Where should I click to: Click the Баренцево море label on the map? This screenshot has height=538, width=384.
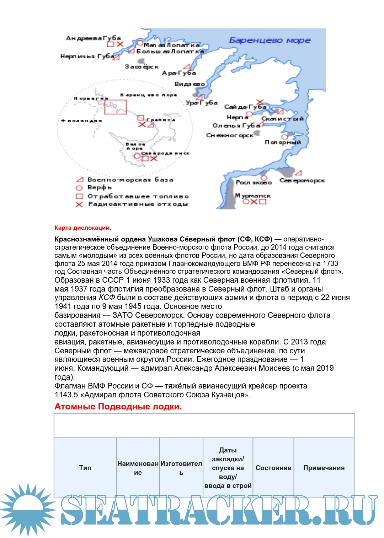point(270,40)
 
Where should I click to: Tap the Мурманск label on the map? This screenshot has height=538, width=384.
point(253,196)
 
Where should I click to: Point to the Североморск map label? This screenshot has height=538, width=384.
point(302,180)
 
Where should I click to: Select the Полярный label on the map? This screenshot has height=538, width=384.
point(283,142)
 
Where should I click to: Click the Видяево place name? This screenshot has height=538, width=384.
point(189,84)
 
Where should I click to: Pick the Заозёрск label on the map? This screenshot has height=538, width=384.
point(142,66)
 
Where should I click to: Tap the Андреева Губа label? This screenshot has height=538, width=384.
point(94,38)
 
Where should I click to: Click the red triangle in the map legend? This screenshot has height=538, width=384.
point(80,180)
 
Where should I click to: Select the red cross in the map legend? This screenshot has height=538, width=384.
point(79,204)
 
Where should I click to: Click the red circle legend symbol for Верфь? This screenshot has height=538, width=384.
point(79,188)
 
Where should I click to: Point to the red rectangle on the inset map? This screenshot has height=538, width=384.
point(115,107)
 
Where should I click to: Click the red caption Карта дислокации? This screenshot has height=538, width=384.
point(82,228)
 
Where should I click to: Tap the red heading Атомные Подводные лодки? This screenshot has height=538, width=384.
point(118,407)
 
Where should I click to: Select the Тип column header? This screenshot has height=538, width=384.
point(85,468)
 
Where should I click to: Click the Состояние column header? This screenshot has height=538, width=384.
point(273,468)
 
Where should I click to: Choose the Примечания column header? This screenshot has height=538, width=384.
point(324,468)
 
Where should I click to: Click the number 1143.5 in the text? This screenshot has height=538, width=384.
point(66,395)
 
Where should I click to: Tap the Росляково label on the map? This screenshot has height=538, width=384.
point(254,182)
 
